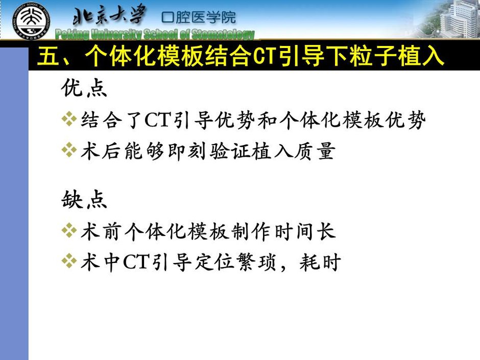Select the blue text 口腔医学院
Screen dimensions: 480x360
click(199, 17)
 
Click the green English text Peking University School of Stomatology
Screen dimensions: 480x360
click(155, 35)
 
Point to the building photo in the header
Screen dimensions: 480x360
click(450, 18)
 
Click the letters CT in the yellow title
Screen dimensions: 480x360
click(265, 57)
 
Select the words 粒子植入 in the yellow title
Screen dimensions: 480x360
click(397, 57)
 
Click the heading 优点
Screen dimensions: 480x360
click(84, 88)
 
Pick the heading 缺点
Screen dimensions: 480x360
click(84, 200)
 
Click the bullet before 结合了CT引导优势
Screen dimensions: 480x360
click(69, 119)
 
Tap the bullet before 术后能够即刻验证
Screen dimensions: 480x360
click(69, 150)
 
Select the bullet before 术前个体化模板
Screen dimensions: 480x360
click(69, 231)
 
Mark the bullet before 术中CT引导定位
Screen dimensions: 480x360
click(69, 261)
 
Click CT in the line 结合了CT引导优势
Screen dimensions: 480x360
click(157, 119)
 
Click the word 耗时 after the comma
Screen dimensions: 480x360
click(320, 262)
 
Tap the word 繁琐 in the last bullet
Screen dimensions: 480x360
click(258, 262)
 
